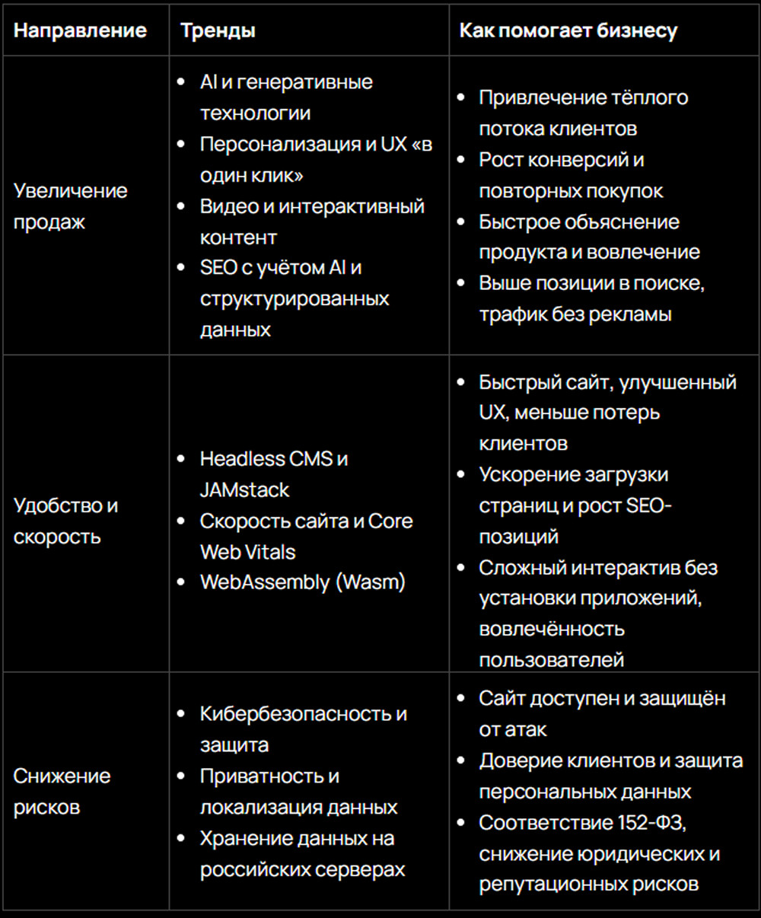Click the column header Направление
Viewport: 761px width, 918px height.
point(80,30)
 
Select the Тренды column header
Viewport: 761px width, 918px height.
point(218,30)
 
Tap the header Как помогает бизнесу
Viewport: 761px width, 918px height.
point(568,30)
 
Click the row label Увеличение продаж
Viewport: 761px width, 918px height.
point(70,206)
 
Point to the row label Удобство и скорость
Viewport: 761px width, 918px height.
point(65,521)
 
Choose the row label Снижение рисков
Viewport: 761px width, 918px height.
point(62,791)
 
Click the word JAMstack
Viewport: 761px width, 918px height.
point(244,490)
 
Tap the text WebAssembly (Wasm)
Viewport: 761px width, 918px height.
point(302,582)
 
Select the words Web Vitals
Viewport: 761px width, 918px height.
point(247,552)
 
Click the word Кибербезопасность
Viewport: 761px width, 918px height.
point(295,714)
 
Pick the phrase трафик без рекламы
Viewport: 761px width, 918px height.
point(575,314)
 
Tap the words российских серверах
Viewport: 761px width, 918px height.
point(302,869)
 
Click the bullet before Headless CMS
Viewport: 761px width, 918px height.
point(180,459)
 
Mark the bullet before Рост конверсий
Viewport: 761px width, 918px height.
point(460,160)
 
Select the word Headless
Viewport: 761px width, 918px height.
point(233,459)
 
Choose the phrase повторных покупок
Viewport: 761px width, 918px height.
point(571,191)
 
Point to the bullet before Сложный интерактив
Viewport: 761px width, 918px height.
point(460,568)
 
